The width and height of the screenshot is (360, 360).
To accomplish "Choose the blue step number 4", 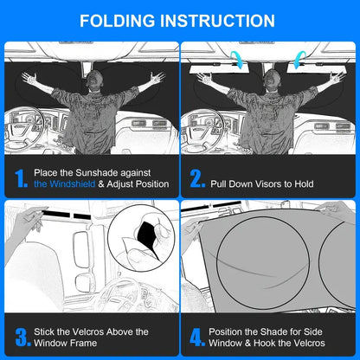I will point(198,337).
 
